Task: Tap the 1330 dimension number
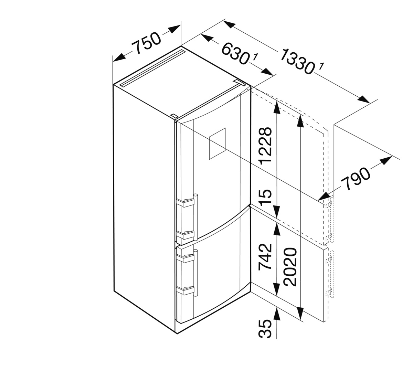pos(297,62)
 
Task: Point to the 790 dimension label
pos(355,179)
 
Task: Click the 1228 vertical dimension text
pos(265,146)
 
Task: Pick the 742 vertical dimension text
pos(265,257)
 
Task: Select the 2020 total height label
pos(290,267)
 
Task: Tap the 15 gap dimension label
pos(265,197)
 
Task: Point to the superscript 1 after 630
pos(255,57)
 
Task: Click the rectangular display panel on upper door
pos(217,144)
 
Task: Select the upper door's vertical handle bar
pos(196,217)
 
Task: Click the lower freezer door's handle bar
pos(196,273)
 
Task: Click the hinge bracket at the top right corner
pos(240,82)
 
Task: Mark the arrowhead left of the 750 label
pos(119,57)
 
